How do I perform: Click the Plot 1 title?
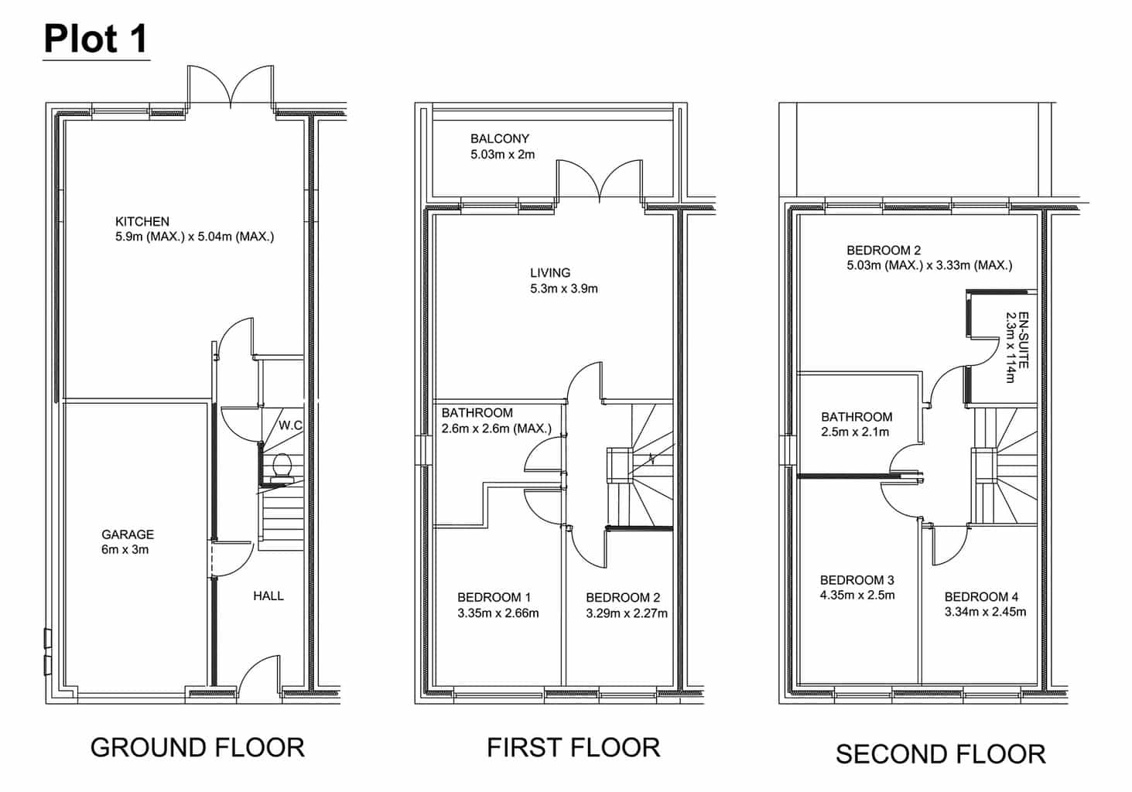coord(96,39)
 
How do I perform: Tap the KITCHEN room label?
coord(142,221)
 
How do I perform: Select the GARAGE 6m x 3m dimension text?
coord(125,550)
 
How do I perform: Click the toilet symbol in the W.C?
coord(282,467)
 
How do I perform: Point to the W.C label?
coord(291,425)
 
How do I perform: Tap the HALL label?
coord(268,596)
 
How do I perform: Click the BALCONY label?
coord(500,138)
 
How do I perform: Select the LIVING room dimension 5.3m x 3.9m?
coord(564,288)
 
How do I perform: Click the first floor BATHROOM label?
coord(477,413)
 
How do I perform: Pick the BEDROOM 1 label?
coord(494,598)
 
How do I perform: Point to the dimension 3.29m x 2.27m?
coord(627,613)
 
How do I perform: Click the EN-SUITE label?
coord(1024,340)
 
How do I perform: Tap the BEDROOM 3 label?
coord(857,580)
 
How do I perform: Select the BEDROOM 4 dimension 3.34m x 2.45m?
coord(986,613)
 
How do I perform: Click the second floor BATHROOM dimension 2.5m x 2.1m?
coord(855,432)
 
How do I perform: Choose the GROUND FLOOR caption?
coord(197,748)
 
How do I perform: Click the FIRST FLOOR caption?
coord(573,748)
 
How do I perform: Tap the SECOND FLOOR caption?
coord(940,754)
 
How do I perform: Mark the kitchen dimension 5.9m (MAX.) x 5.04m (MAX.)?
coord(194,237)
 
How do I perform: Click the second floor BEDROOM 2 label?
coord(884,250)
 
